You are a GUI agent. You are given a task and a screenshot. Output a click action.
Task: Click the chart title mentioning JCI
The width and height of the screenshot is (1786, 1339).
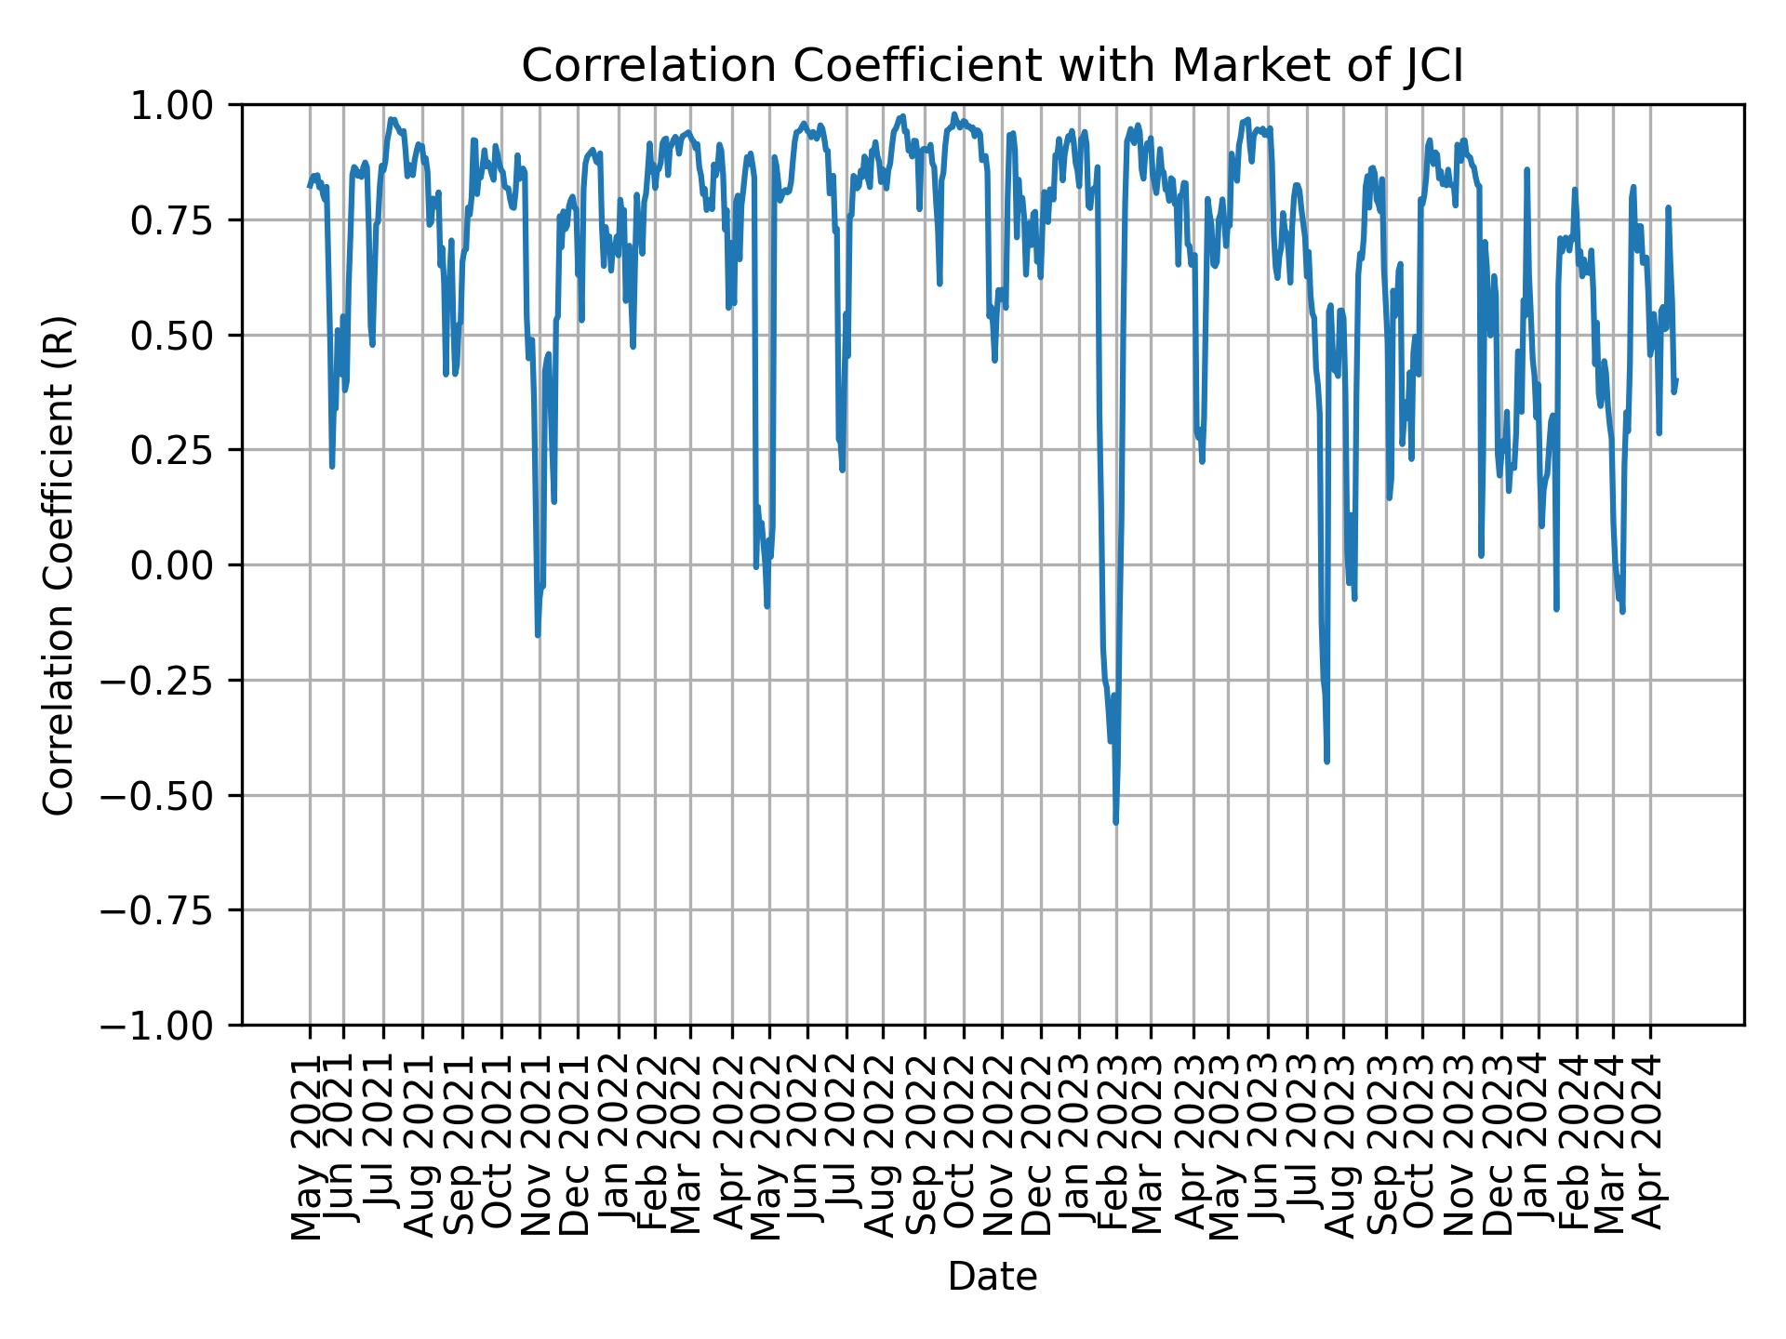click(993, 67)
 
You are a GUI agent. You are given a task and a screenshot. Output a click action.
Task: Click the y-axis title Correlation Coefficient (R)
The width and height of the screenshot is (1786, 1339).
click(59, 565)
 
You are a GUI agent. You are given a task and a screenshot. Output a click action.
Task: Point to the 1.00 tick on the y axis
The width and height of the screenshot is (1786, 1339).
click(184, 105)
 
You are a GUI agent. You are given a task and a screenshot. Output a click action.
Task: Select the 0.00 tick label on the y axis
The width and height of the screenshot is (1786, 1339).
click(184, 565)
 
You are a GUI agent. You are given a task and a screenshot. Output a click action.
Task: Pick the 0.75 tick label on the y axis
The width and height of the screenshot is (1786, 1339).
click(184, 220)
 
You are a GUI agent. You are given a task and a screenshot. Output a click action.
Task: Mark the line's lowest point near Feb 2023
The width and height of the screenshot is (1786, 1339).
click(1115, 822)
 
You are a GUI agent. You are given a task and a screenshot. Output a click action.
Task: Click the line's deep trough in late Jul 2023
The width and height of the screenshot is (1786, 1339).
click(1326, 762)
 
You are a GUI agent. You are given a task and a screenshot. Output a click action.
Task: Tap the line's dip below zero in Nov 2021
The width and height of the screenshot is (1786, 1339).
click(538, 635)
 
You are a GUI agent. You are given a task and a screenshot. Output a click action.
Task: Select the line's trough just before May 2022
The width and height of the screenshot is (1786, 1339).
click(766, 606)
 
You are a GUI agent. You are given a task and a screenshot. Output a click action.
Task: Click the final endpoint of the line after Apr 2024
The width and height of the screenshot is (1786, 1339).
click(1675, 379)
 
